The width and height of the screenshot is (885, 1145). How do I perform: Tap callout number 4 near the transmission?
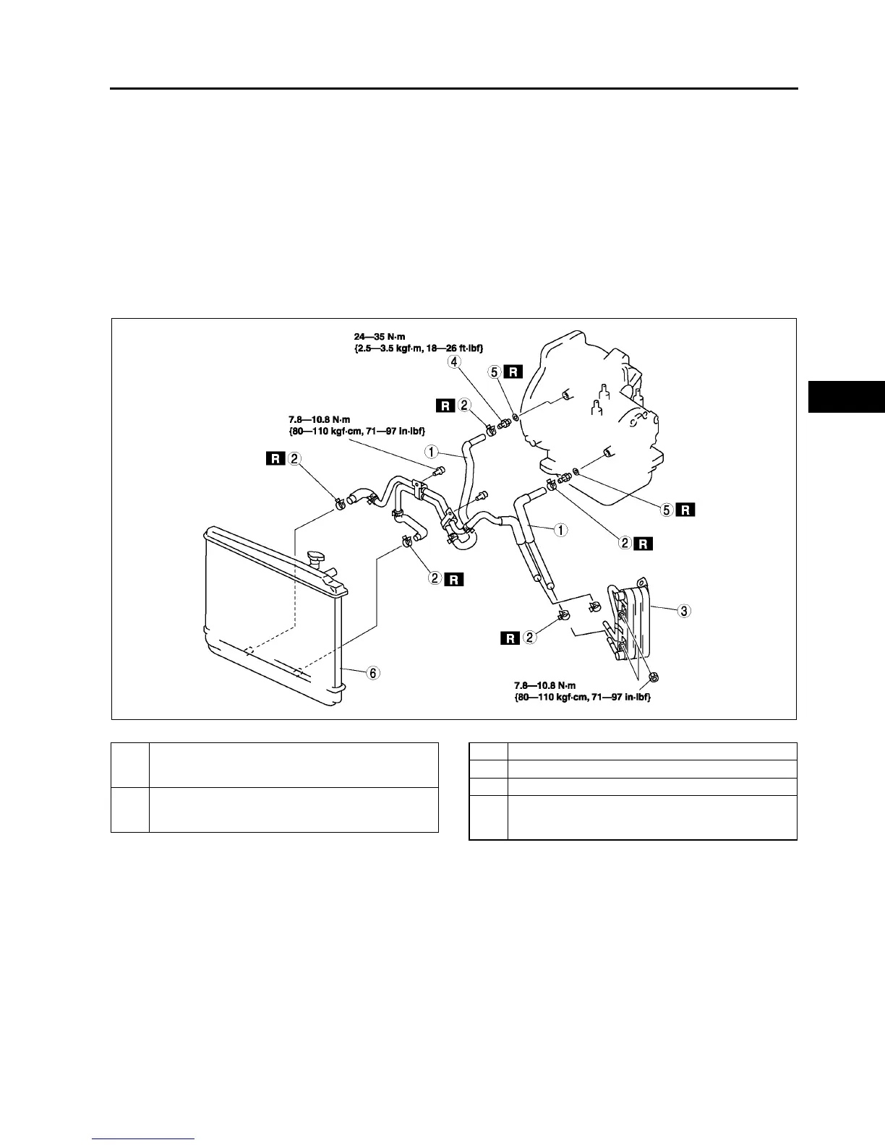pyautogui.click(x=454, y=361)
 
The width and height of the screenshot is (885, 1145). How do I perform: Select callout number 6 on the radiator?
pyautogui.click(x=372, y=673)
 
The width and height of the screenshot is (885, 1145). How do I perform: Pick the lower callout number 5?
pyautogui.click(x=667, y=510)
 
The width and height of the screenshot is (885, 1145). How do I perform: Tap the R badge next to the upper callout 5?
pyautogui.click(x=513, y=372)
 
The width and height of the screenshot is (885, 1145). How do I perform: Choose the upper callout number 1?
pyautogui.click(x=431, y=452)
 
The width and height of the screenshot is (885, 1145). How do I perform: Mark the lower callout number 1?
pyautogui.click(x=560, y=529)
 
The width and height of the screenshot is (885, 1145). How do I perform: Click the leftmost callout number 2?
pyautogui.click(x=294, y=458)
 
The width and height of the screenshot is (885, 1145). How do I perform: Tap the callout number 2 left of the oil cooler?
pyautogui.click(x=530, y=638)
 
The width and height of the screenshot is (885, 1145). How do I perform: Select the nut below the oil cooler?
pyautogui.click(x=654, y=677)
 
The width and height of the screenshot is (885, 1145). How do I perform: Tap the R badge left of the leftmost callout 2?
pyautogui.click(x=275, y=458)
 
